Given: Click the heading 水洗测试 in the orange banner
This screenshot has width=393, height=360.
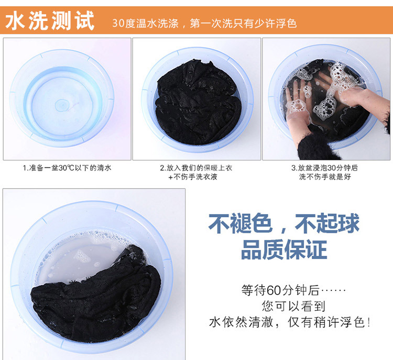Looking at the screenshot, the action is coord(50,21).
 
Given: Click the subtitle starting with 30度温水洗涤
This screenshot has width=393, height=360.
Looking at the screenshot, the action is coord(204,23).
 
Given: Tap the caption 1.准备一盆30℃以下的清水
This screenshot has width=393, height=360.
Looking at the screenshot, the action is coord(67,168).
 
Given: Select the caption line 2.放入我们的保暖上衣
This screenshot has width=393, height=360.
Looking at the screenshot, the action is coord(196,168).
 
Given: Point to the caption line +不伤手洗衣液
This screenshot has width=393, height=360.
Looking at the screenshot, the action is coord(193,177).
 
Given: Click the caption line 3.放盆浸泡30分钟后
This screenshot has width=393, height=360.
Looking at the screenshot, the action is coord(324,168).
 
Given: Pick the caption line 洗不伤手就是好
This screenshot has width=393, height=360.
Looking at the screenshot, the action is coord(325,177).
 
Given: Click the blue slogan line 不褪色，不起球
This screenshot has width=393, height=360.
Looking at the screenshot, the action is coord(284,223).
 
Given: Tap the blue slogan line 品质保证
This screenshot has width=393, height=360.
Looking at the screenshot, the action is coord(284,249).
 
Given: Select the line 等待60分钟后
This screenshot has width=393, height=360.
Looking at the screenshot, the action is coord(293,290).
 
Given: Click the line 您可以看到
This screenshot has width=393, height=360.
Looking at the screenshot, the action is coord(293,306).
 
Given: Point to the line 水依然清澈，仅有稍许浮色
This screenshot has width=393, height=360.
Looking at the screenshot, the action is coord(290,322).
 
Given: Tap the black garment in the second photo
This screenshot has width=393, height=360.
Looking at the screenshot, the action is coord(198,103).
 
